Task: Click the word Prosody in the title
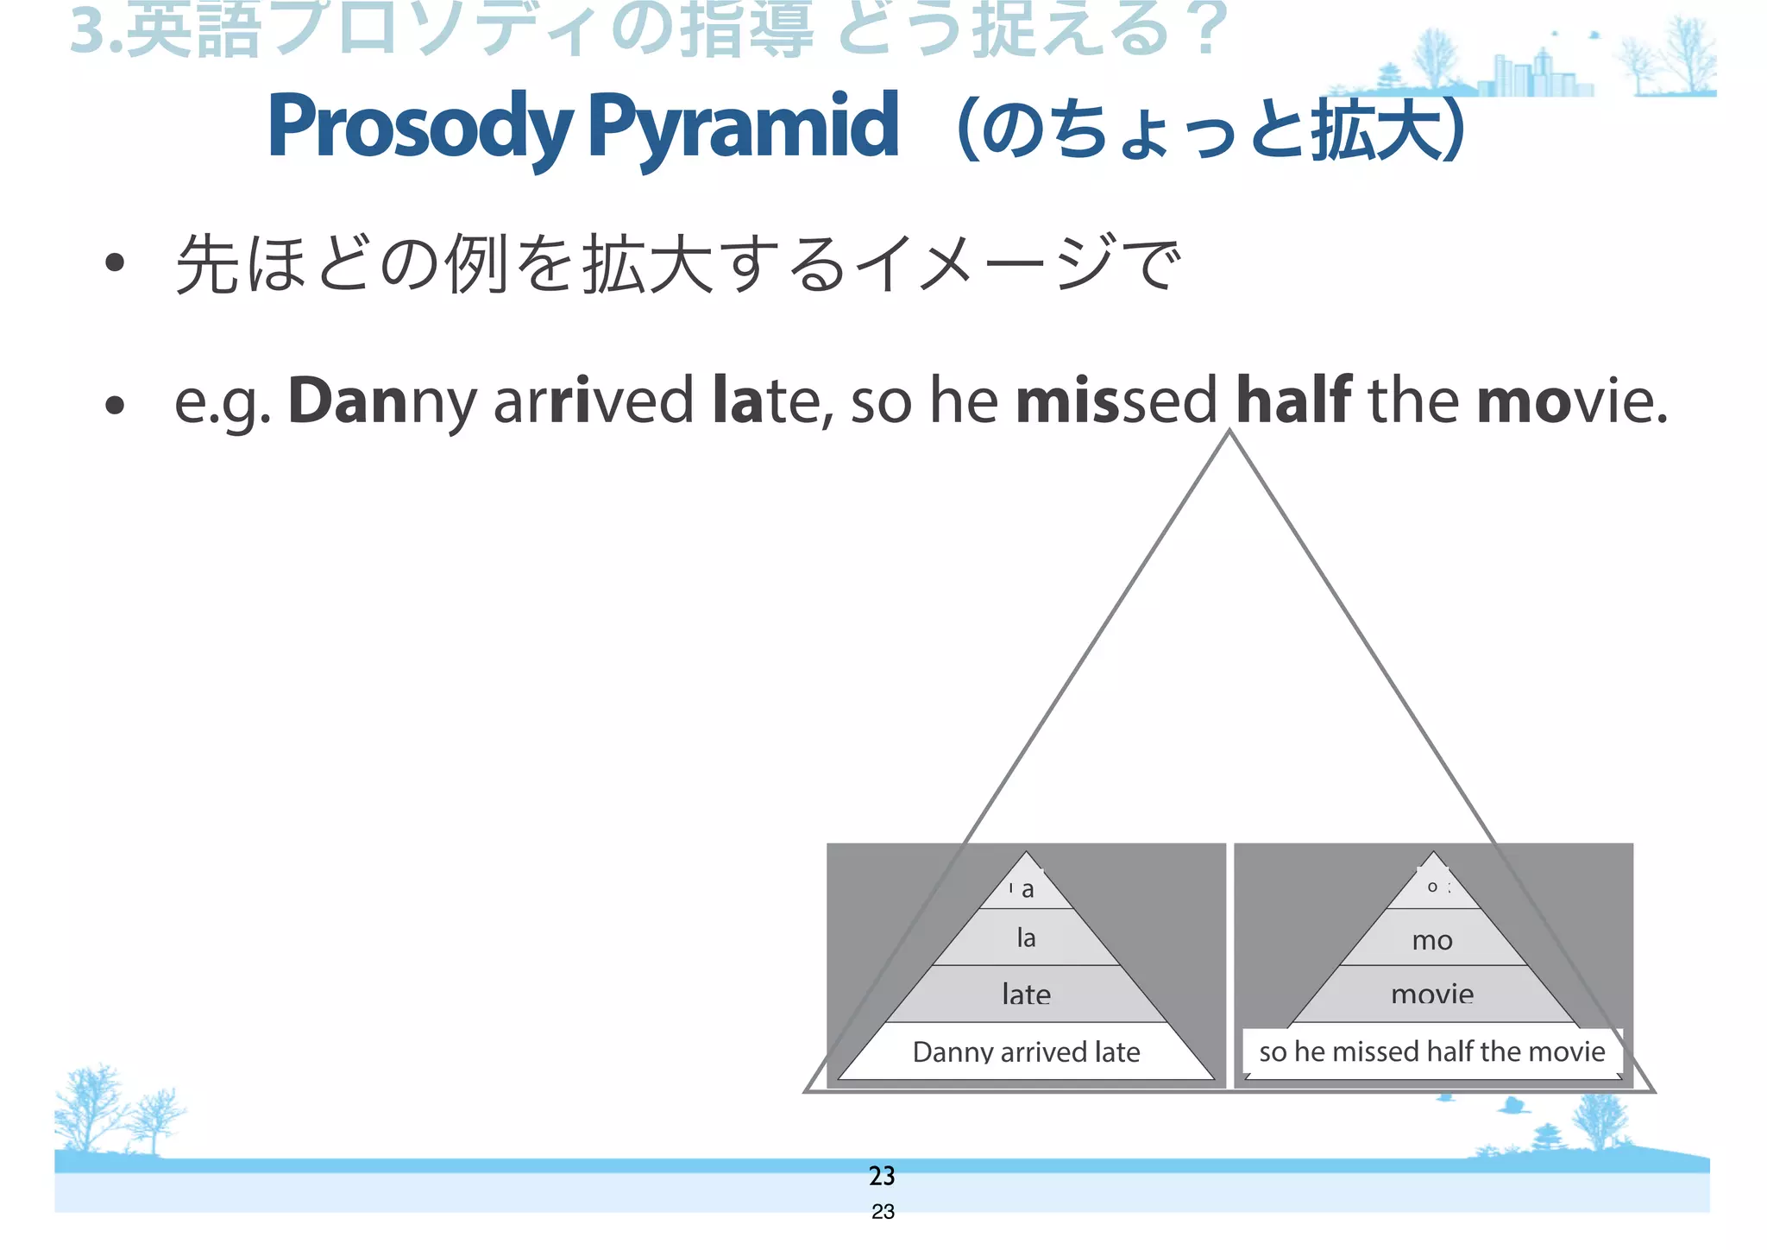coord(420,127)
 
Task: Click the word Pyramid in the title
coord(743,127)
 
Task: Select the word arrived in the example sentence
coord(593,401)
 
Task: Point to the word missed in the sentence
coord(1116,401)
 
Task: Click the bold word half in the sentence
coord(1293,401)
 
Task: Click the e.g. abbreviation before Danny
coord(223,402)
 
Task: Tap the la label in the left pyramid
coord(1026,937)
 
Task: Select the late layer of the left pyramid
coord(1026,994)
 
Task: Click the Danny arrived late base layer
coord(1026,1051)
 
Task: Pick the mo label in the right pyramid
coord(1432,940)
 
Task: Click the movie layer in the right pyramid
coord(1432,994)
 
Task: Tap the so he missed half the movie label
coord(1432,1051)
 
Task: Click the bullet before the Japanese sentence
coord(115,263)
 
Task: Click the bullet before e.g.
coord(115,404)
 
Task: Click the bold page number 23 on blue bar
coord(882,1176)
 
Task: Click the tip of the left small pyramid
coord(1026,854)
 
